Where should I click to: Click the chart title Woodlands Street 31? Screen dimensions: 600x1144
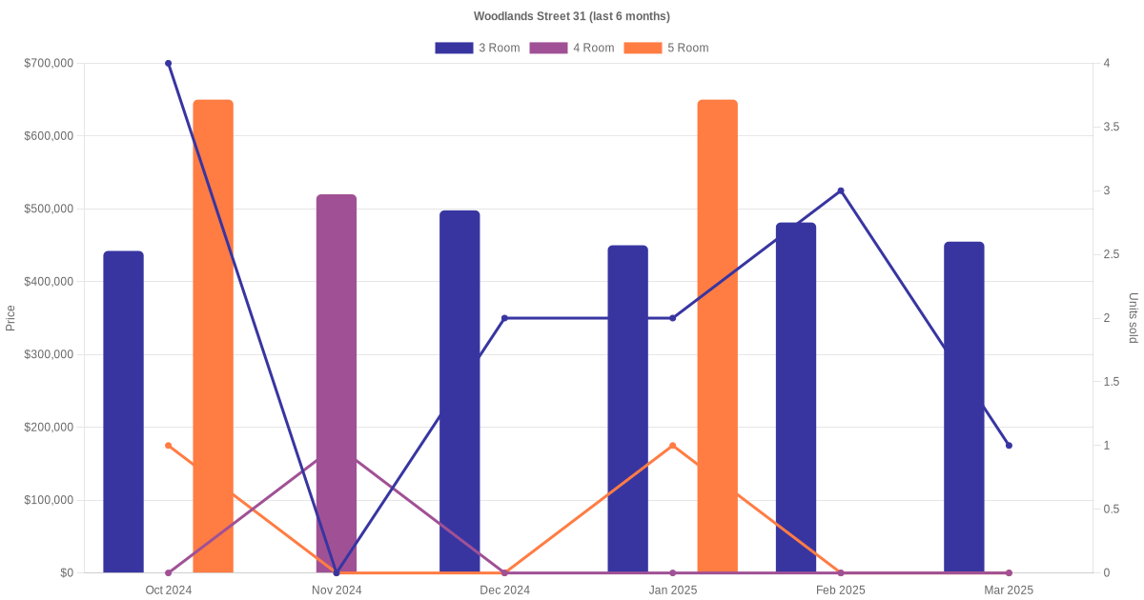[x=571, y=16]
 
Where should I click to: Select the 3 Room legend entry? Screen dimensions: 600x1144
[x=477, y=48]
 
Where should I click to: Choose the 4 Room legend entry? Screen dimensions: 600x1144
[x=572, y=48]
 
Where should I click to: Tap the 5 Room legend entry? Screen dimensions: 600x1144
[x=665, y=48]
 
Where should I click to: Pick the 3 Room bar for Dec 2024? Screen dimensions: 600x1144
[x=460, y=391]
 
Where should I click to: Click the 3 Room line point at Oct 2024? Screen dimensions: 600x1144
[x=168, y=64]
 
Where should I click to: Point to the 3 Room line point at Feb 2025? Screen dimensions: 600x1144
[x=841, y=190]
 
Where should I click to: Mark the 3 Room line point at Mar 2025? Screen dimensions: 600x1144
[x=1009, y=446]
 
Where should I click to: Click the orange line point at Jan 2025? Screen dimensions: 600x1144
[x=672, y=446]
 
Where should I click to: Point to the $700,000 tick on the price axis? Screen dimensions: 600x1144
[x=48, y=64]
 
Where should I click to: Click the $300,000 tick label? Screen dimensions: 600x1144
[x=48, y=354]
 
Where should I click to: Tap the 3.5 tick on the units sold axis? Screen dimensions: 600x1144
[x=1112, y=127]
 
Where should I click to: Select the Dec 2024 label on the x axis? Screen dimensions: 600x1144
[x=504, y=590]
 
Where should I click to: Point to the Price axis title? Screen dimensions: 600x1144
[x=10, y=318]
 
